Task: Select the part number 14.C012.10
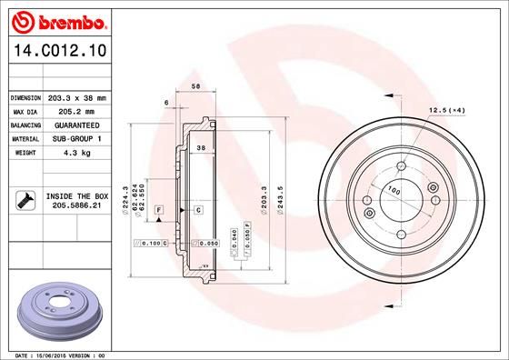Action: pos(55,53)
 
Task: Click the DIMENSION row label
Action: pos(25,97)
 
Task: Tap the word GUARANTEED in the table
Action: pos(76,125)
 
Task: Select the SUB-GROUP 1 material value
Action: pos(76,139)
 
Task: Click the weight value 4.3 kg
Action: pos(76,154)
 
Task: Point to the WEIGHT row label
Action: pos(25,154)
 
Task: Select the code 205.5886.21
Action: pos(76,206)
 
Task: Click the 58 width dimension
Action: pos(195,86)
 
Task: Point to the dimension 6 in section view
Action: pos(166,103)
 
